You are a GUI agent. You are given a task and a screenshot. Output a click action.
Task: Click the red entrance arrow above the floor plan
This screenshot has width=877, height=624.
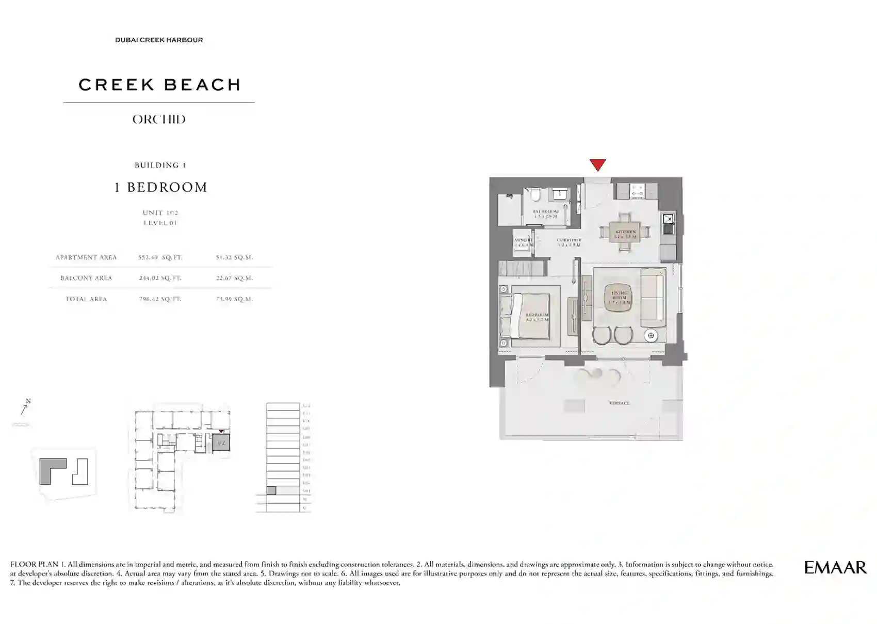[x=597, y=165]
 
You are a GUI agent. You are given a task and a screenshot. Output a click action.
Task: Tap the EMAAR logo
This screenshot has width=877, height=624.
[x=835, y=568]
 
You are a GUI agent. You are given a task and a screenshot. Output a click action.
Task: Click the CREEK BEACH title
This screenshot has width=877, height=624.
[x=159, y=85]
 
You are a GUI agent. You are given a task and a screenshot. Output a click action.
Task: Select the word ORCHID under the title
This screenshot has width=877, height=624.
[x=159, y=120]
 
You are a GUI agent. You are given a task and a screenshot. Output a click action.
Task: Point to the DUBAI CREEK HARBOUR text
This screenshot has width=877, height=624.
[x=159, y=40]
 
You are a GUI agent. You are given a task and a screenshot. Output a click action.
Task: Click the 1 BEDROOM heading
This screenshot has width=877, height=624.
[x=160, y=187]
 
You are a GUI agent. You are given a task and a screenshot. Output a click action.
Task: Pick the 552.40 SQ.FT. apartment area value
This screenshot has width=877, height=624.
[x=160, y=257]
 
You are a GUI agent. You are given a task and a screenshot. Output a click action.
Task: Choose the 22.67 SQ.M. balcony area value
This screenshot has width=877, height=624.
[x=234, y=278]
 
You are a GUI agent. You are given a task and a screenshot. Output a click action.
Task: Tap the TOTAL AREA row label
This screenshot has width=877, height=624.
[x=86, y=299]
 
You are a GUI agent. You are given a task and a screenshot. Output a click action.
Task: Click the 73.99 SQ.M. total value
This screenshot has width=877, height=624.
[x=234, y=299]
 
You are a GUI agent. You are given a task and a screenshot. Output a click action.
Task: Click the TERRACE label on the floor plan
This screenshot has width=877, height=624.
[x=619, y=403]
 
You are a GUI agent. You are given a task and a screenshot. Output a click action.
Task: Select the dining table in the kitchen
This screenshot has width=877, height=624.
[x=625, y=232]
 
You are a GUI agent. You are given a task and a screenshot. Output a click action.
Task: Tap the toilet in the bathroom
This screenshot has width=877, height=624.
[x=537, y=194]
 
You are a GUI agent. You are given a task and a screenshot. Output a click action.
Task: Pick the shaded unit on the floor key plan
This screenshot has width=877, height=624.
[x=221, y=443]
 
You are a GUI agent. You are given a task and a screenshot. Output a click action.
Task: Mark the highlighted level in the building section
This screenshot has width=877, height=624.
[x=271, y=490]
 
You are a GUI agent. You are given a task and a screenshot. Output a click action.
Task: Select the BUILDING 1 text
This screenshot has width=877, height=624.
[x=160, y=166]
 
